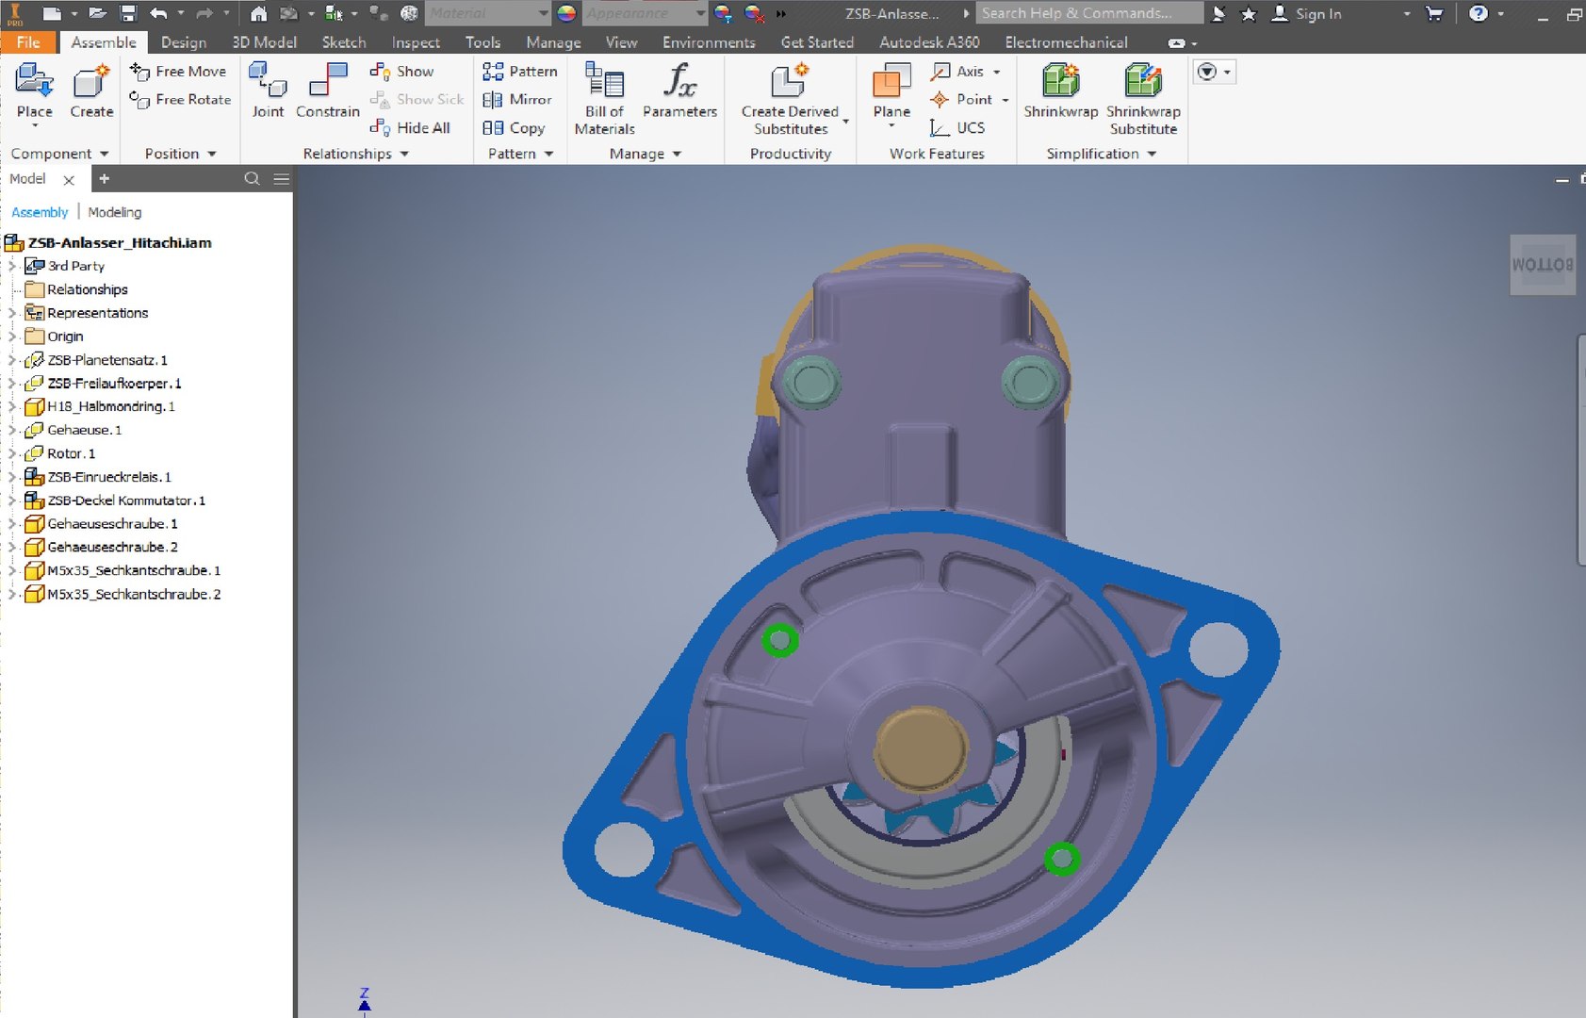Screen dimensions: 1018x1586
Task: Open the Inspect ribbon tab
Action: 416,42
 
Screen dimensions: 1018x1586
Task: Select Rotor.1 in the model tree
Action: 71,453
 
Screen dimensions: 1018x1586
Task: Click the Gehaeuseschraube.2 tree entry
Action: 112,547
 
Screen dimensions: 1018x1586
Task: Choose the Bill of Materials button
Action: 604,98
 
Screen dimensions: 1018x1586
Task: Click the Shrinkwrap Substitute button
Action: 1143,98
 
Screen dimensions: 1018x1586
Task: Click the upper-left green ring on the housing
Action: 779,641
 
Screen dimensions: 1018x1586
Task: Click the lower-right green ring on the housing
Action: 1062,858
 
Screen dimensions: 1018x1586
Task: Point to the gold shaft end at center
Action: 921,749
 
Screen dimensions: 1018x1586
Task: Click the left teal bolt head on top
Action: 810,382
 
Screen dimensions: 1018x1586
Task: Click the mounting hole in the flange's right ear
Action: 1218,648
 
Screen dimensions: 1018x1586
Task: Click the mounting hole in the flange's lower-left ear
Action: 623,847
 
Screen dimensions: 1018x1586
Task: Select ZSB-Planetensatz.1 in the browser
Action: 106,360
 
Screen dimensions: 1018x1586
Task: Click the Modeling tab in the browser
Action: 115,212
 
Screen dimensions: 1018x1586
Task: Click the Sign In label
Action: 1317,13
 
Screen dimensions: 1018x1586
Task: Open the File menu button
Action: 28,42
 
